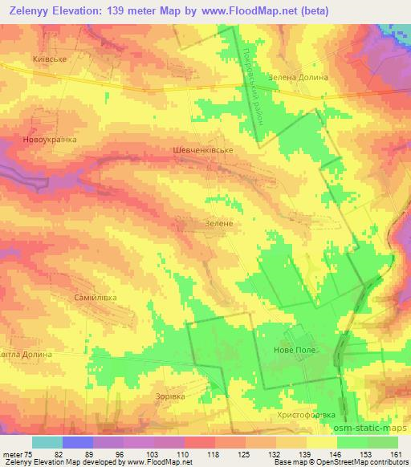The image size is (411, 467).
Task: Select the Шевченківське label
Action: (x=203, y=150)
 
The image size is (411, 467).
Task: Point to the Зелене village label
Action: (x=218, y=223)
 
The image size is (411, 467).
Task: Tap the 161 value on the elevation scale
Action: (x=397, y=453)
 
